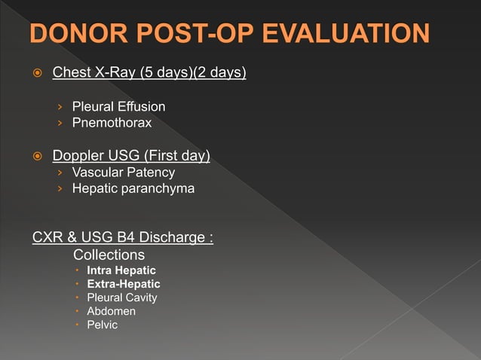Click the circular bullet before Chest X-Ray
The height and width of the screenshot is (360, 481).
(35, 75)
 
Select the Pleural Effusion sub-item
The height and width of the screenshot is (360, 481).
(118, 107)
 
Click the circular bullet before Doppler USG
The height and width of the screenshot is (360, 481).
(35, 157)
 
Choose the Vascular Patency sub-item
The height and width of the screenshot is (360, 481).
(123, 173)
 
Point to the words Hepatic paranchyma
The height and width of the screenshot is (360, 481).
(133, 188)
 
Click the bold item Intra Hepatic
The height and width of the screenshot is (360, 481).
(121, 270)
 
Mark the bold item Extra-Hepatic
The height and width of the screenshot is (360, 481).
(123, 284)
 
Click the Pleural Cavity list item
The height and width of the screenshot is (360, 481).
(121, 297)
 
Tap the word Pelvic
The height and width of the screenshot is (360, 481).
(102, 325)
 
